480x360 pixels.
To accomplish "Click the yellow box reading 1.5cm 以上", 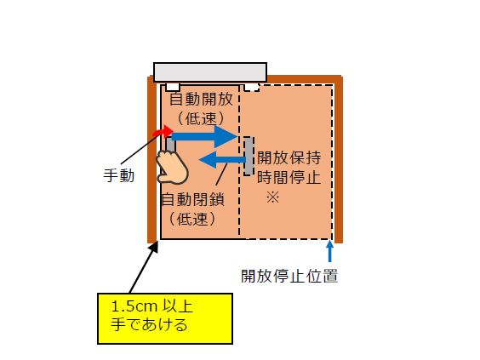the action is pos(165,318).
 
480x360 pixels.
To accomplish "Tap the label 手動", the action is pos(119,175).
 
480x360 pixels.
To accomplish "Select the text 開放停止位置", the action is pos(289,276).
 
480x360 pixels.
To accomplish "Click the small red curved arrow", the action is pos(163,131).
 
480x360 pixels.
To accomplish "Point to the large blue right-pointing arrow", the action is pos(204,136).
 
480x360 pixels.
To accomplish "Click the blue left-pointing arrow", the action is pos(222,159).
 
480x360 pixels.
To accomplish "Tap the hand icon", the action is pos(172,168).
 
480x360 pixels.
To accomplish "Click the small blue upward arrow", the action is pos(329,251).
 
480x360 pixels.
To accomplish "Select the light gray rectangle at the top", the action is pos(210,72).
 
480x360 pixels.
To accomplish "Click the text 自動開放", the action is pos(201,99).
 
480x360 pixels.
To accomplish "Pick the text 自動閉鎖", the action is pos(192,199).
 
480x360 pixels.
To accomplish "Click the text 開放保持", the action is pos(289,157).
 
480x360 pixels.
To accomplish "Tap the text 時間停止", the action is pos(289,177).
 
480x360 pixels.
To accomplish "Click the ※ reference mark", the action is pos(272,197).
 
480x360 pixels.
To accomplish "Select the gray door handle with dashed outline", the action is pos(249,156).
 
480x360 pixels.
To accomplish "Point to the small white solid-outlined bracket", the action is pos(173,88).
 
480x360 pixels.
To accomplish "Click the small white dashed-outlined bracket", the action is pos(252,88).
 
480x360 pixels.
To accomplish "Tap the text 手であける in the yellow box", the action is pos(149,325).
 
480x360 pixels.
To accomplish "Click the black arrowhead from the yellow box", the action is pos(154,247).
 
